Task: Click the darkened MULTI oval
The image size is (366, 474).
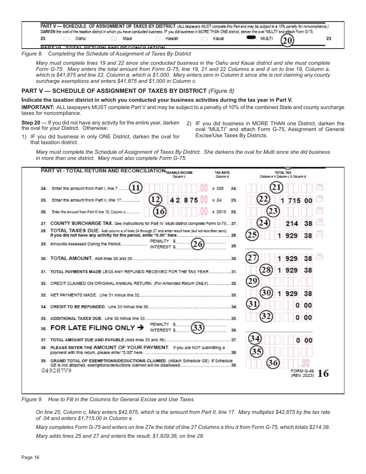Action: (252, 38)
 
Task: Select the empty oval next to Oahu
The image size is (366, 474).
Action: (66, 39)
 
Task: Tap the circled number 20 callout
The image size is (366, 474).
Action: (287, 40)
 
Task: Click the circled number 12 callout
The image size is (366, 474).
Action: (155, 200)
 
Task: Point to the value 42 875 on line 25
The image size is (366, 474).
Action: (184, 200)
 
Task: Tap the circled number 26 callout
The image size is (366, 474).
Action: (198, 244)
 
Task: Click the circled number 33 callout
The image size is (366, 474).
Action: (198, 328)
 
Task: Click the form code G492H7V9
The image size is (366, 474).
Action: (56, 370)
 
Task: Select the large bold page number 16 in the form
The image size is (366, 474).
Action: (323, 373)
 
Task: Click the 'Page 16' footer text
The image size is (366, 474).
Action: (30, 457)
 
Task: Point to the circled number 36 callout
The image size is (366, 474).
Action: (273, 363)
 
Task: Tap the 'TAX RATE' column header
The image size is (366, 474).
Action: (222, 173)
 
